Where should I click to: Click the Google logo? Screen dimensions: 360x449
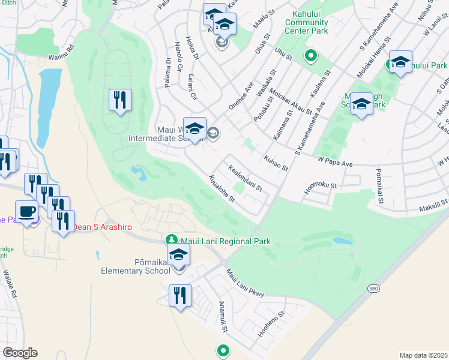pos(20,353)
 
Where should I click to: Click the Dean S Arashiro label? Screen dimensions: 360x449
pos(101,227)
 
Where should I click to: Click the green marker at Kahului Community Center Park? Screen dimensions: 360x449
pos(310,57)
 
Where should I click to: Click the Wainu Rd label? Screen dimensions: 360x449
pos(61,54)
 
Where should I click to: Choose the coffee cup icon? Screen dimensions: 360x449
pos(26,212)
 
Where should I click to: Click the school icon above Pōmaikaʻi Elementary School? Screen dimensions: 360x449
pos(178,254)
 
